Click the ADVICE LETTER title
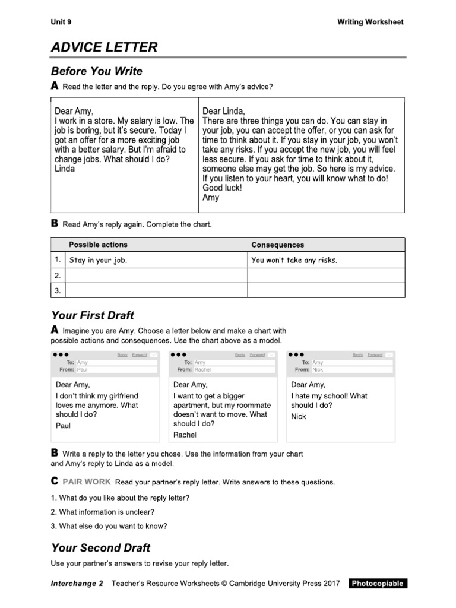point(104,47)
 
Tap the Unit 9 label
point(61,23)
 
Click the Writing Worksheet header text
point(370,23)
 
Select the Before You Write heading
point(97,72)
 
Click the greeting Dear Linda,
point(223,111)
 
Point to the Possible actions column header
point(98,245)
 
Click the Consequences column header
point(277,245)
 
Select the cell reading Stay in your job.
point(99,261)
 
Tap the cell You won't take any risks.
point(294,261)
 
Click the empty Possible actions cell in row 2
point(156,275)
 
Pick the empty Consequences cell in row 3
point(326,290)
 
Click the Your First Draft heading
point(93,316)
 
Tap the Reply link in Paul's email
point(122,355)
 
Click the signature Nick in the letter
point(299,417)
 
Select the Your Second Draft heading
point(100,548)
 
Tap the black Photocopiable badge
point(378,584)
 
